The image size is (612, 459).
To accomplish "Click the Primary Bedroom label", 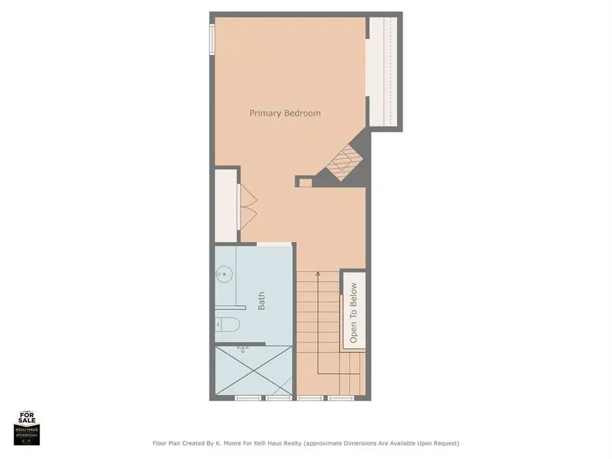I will pos(285,113).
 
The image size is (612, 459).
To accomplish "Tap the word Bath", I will pos(262,302).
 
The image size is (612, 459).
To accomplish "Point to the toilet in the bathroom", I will pos(228,324).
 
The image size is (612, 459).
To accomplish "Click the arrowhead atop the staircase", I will pos(318,274).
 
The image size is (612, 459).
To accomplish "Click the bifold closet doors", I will pos(247,207).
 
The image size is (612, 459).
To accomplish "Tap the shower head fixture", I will pos(241,349).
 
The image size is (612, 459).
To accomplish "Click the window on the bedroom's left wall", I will pos(212,38).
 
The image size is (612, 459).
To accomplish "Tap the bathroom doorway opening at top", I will pos(275,244).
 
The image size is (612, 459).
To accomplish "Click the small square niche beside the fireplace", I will pos(305,182).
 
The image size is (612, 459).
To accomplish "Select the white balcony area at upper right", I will pos(382,71).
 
